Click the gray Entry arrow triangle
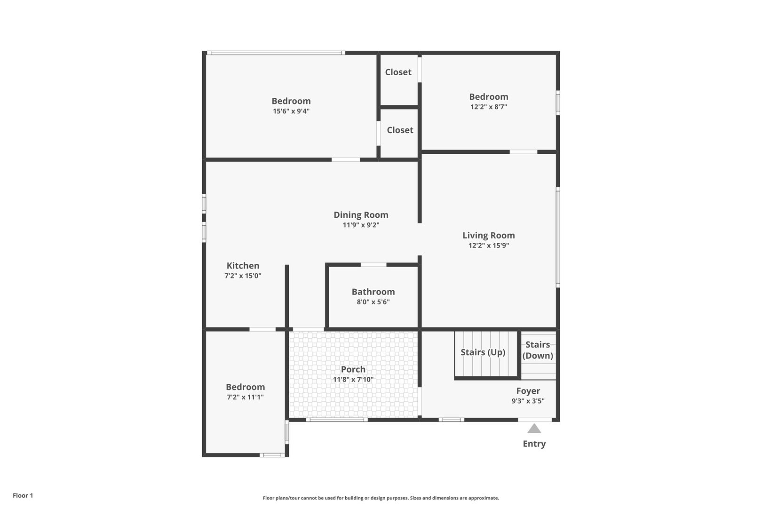point(534,429)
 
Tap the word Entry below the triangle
point(534,444)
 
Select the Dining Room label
point(361,214)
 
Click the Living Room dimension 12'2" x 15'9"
point(489,246)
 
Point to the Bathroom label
point(373,292)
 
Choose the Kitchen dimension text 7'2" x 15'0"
point(243,276)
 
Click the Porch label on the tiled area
point(353,369)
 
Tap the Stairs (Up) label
point(483,352)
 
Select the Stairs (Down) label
point(538,350)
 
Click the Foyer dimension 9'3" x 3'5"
point(528,401)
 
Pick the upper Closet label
point(398,72)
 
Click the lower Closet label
point(400,130)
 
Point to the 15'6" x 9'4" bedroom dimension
point(291,111)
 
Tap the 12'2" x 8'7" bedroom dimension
point(489,106)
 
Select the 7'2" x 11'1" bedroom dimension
point(245,397)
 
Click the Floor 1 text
point(23,495)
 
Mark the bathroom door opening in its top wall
point(373,265)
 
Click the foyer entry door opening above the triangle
point(535,420)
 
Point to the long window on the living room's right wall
point(558,238)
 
